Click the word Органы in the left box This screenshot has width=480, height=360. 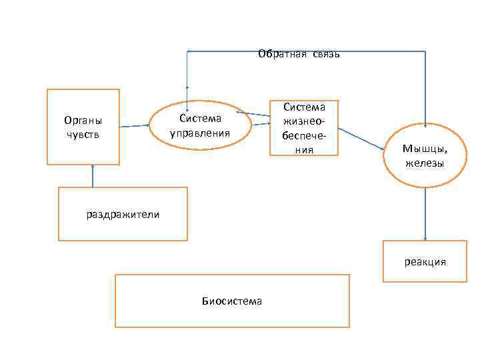(83, 121)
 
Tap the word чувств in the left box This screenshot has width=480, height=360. (83, 135)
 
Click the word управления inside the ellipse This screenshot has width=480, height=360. (200, 132)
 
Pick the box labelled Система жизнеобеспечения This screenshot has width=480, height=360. (304, 128)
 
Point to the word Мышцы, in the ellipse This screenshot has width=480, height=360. (425, 149)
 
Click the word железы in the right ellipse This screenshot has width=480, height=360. (425, 163)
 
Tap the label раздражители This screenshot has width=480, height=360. (123, 214)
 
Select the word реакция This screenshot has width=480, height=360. (425, 262)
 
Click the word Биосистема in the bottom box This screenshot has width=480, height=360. (232, 301)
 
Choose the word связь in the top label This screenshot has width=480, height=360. (325, 54)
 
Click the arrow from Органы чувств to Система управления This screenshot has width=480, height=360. (134, 125)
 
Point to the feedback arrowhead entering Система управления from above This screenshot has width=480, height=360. (187, 102)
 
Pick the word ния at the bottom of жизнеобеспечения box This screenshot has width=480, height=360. (304, 150)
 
